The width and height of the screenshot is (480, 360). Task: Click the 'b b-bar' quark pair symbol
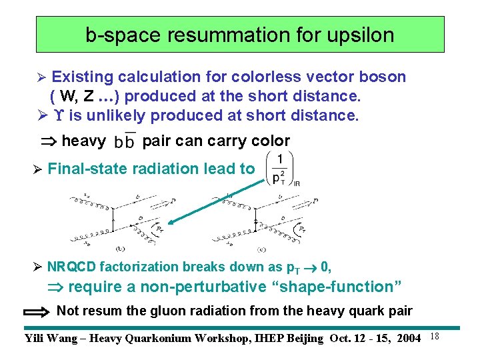(124, 142)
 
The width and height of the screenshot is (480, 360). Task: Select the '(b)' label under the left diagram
(120, 249)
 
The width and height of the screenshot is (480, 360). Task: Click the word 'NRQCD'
(71, 267)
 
